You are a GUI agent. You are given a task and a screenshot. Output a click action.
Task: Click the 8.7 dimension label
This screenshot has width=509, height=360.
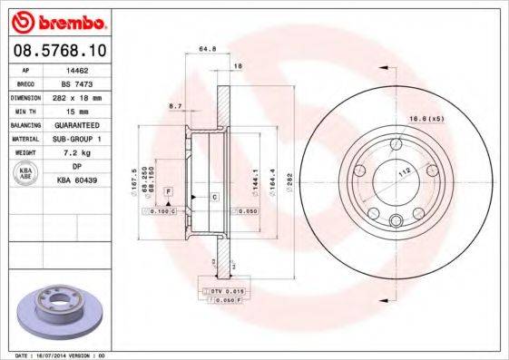pyautogui.click(x=174, y=106)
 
